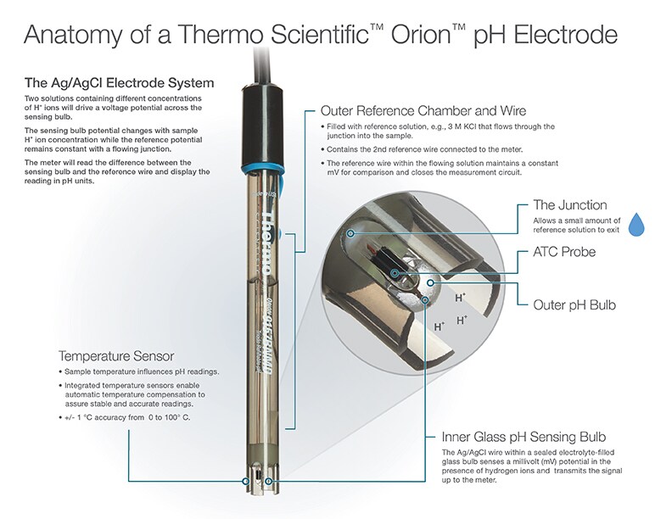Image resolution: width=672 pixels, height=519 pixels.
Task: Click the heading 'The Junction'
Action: coord(569,204)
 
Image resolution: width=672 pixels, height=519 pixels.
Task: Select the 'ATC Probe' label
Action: coord(563,252)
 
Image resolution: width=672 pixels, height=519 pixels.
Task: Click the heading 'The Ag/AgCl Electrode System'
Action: coord(118,83)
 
